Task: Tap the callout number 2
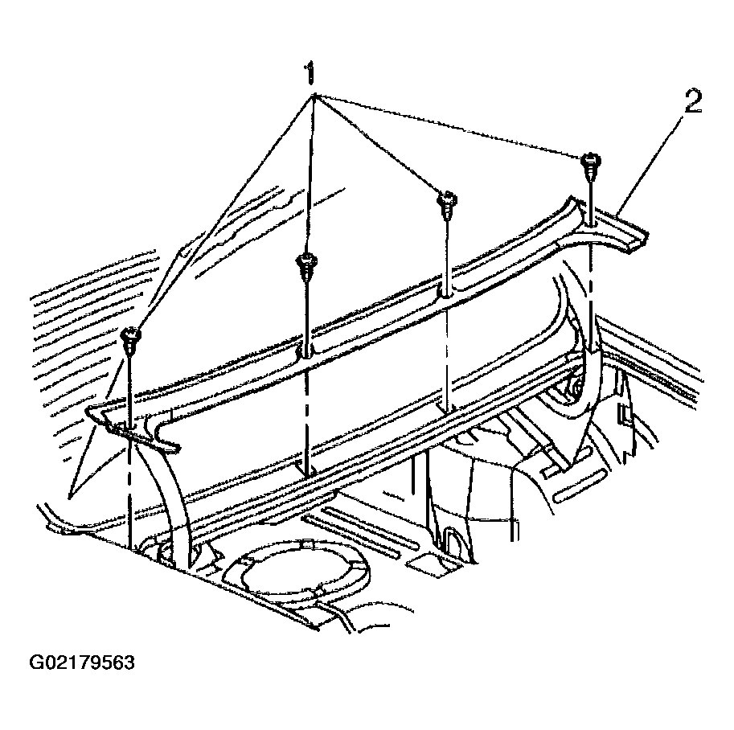coord(693,101)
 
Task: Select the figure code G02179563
coord(82,662)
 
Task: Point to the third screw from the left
coord(446,203)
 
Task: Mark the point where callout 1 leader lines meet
coord(314,96)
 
